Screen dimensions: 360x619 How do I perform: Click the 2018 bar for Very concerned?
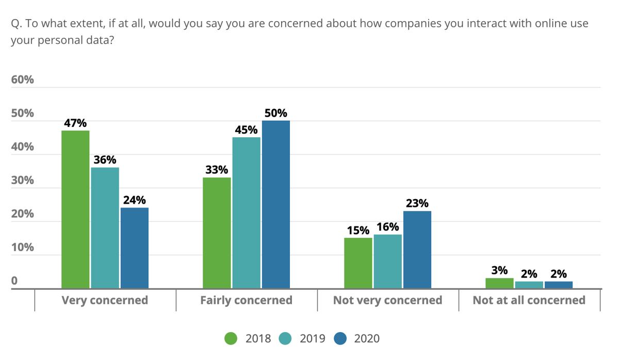75,209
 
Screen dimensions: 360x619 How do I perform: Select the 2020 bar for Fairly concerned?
276,204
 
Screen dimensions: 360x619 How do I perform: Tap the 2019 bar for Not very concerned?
387,261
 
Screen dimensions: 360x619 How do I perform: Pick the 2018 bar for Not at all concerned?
499,283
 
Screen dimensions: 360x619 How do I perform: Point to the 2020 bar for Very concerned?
135,248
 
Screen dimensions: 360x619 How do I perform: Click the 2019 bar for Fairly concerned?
246,212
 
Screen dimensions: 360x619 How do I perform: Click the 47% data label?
75,123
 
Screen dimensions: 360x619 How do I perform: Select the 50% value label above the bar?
276,113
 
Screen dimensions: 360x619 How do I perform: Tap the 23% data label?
417,203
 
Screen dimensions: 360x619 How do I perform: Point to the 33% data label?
217,170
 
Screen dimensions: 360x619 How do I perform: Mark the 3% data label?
499,270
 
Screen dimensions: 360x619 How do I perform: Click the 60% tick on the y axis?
23,80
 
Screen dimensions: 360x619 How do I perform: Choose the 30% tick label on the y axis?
23,181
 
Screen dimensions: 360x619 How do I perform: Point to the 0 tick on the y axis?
14,281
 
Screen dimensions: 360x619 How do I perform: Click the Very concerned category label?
105,300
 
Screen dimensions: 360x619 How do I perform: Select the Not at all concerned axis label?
529,300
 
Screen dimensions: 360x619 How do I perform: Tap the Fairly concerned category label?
246,300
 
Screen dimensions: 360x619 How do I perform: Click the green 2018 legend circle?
231,338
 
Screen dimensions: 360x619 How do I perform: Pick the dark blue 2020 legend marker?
340,338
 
